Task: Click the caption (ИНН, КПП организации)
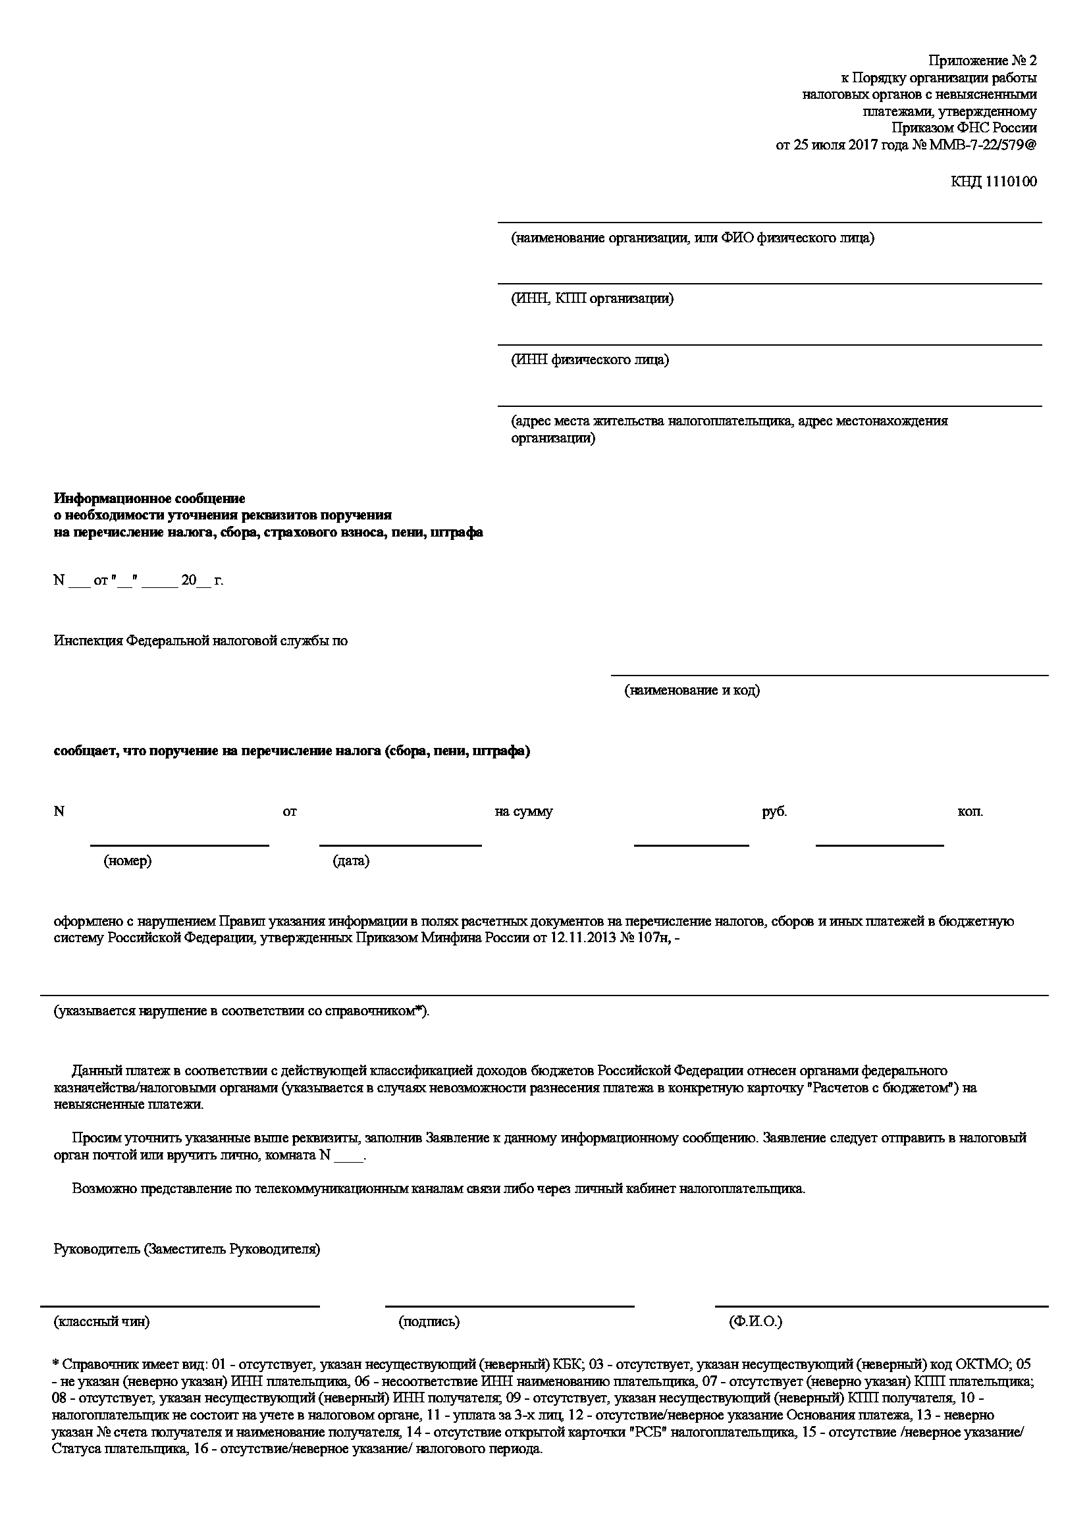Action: [x=592, y=298]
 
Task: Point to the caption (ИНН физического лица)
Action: [x=589, y=360]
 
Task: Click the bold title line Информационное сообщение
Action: [x=149, y=498]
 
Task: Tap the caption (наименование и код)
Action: [x=692, y=690]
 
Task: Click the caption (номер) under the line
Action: [x=128, y=861]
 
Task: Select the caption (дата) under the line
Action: [x=351, y=861]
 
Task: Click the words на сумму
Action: [x=523, y=812]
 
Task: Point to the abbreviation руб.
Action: [x=774, y=812]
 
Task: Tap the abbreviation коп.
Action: [x=970, y=812]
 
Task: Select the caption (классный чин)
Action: [x=101, y=1322]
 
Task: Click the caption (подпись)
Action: [x=429, y=1322]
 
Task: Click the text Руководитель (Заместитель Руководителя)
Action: [x=186, y=1250]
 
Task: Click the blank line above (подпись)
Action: [x=510, y=1306]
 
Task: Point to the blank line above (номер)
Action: [x=180, y=845]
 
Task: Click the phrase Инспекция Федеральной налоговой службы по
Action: [x=201, y=641]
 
